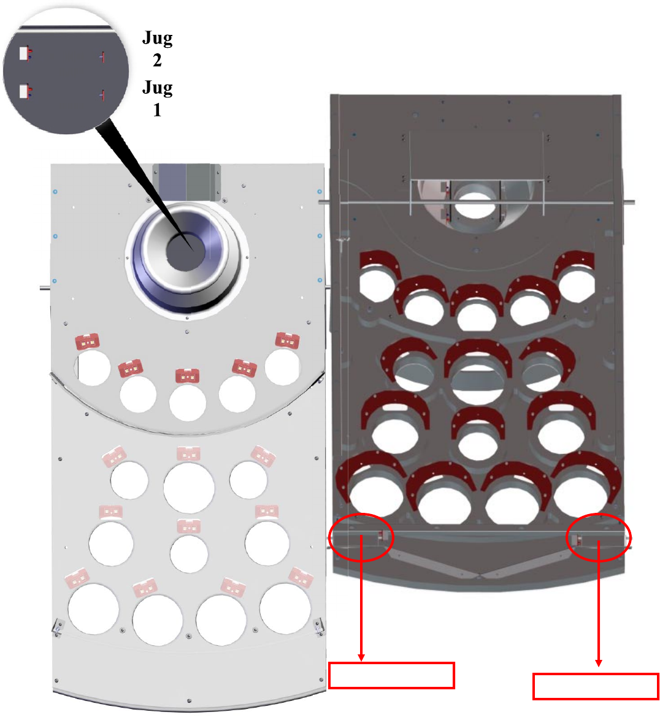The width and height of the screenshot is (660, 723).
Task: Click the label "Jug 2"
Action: (157, 49)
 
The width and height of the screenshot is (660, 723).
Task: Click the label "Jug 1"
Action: (157, 99)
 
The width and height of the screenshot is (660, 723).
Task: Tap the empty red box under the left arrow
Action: (391, 675)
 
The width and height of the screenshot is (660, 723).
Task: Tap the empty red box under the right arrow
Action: (596, 686)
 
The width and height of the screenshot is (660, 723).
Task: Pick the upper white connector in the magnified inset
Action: (23, 54)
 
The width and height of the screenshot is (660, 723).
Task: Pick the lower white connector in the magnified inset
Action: (23, 91)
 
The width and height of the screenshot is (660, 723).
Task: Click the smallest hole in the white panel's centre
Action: (189, 553)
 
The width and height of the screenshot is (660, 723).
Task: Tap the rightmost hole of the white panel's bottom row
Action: (285, 608)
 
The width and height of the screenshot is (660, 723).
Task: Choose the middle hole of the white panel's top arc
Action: (188, 402)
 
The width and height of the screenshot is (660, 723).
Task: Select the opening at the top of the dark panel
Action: (476, 203)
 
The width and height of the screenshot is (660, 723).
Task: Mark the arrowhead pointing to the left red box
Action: (361, 657)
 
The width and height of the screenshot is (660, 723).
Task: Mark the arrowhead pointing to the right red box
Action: (599, 663)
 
